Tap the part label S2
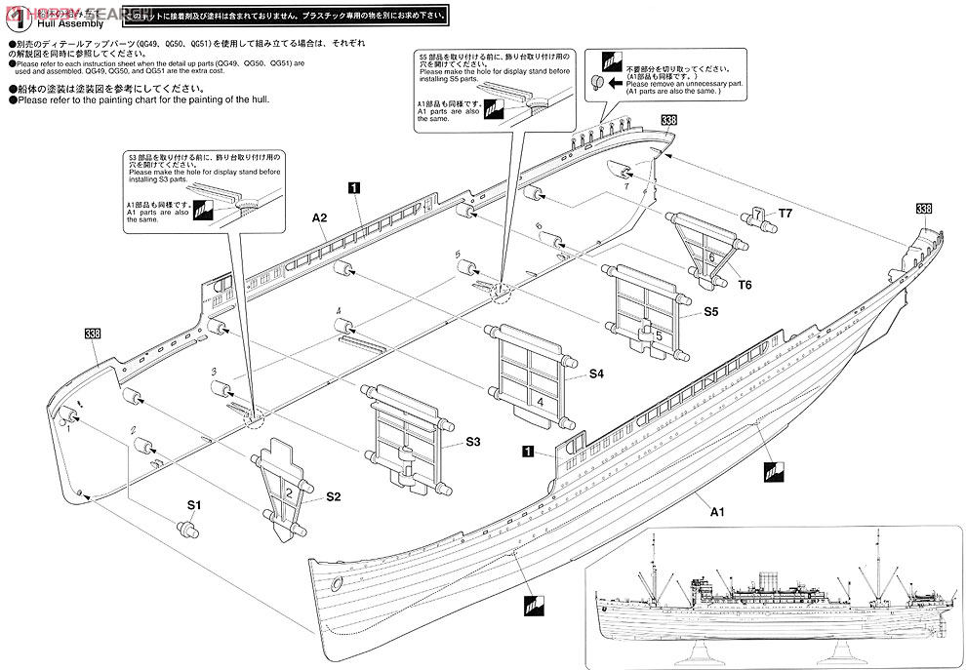tap(333, 496)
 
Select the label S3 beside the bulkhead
tap(472, 442)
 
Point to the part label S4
tap(596, 374)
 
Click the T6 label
tap(745, 284)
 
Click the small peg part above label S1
tap(186, 528)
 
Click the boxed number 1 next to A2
tap(354, 184)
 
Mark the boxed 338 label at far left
tap(93, 335)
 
